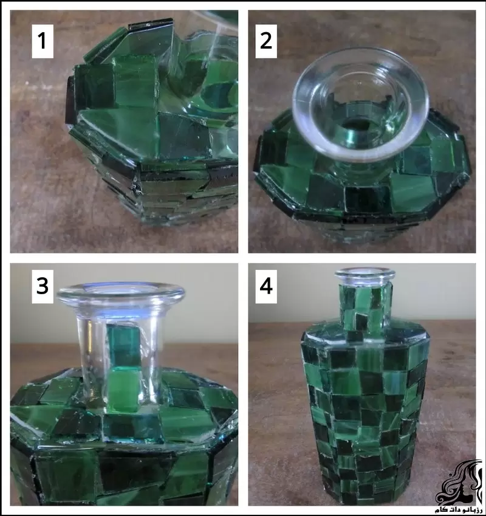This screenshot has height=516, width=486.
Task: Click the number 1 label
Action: pyautogui.click(x=41, y=41)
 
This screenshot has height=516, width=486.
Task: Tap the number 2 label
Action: pyautogui.click(x=265, y=41)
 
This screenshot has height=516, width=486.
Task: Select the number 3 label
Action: pyautogui.click(x=41, y=285)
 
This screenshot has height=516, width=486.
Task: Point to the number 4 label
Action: pyautogui.click(x=265, y=285)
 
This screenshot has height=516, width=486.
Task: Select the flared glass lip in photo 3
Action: pyautogui.click(x=120, y=294)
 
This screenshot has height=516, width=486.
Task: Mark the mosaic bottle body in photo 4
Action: pyautogui.click(x=364, y=413)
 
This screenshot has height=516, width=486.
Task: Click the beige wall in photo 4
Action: pyautogui.click(x=437, y=292)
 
